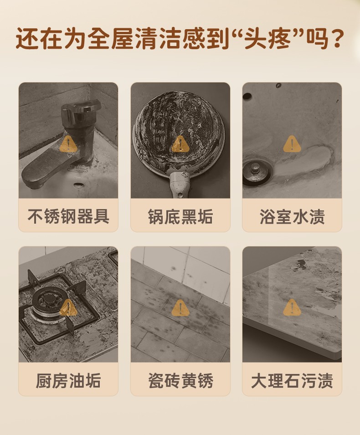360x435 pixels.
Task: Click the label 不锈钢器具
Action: point(68,216)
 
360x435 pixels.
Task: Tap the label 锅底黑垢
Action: point(180,216)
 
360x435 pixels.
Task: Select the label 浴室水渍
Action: point(292,216)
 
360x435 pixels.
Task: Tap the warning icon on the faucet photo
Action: point(68,144)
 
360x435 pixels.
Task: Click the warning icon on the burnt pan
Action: point(180,144)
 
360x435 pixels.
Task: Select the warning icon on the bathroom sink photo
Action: point(292,144)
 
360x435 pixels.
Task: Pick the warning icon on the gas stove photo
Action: point(68,308)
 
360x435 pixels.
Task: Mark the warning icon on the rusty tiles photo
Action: point(180,308)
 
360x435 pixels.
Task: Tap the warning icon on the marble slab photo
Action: point(292,308)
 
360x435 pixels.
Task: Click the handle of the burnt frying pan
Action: point(180,184)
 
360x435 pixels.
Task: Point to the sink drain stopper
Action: point(255,174)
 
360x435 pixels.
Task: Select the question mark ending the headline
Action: point(336,38)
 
